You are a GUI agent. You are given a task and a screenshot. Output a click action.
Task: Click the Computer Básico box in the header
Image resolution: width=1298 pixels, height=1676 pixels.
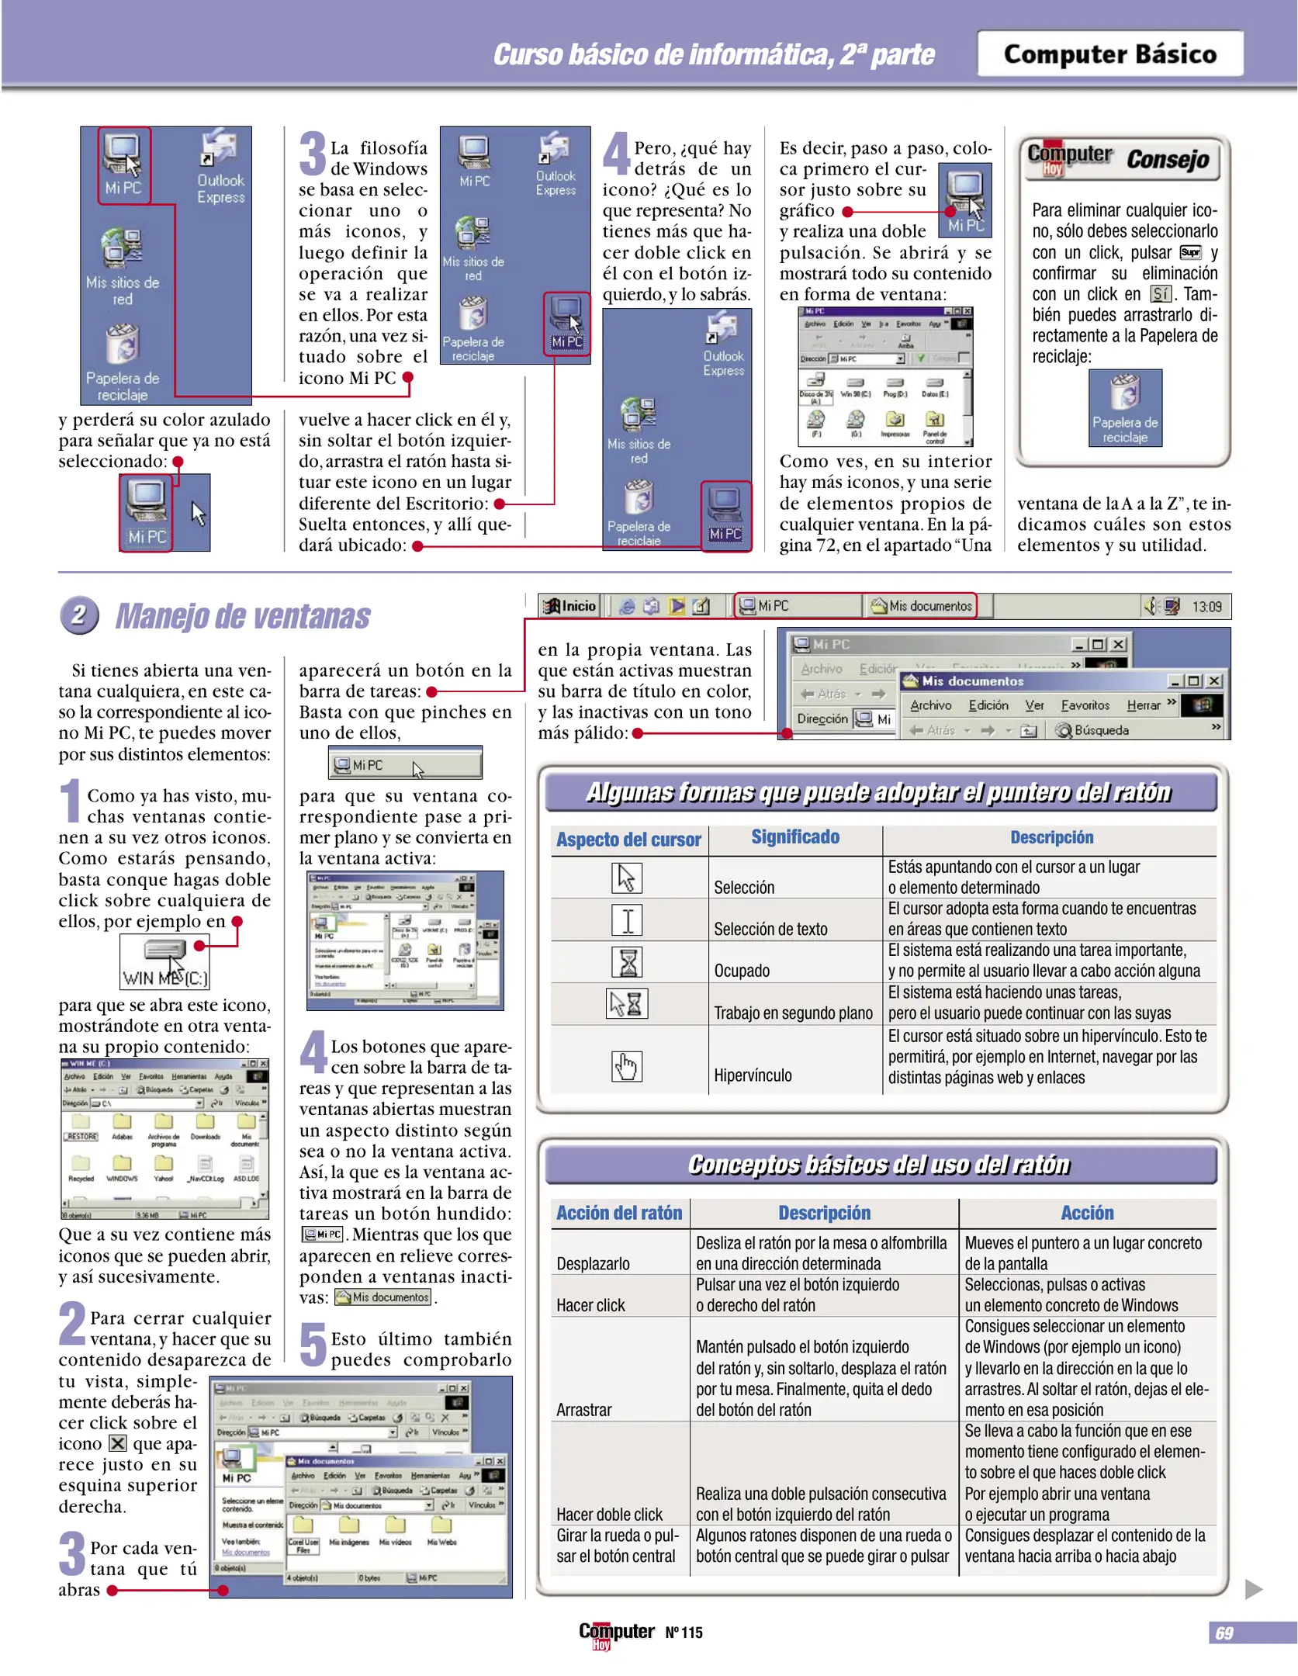pos(1109,54)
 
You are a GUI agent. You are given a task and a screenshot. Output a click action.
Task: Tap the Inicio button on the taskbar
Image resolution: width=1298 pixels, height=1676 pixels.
pos(570,606)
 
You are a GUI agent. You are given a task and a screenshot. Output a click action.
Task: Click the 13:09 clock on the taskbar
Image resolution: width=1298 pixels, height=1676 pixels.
pos(1206,607)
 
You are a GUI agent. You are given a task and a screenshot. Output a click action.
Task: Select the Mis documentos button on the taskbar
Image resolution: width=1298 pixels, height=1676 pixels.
pos(921,606)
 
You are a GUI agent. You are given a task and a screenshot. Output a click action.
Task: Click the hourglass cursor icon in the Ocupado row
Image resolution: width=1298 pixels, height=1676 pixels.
pos(628,962)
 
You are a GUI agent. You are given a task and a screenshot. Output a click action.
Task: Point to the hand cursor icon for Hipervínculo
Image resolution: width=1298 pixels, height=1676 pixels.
pos(626,1066)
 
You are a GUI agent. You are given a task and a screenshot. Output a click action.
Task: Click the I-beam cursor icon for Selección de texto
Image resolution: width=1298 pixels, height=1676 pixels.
pos(627,920)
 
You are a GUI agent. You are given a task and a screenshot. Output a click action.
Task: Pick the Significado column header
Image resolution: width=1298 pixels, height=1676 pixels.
pos(794,837)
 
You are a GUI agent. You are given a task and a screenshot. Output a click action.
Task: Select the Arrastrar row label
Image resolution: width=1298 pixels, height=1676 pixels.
pos(584,1410)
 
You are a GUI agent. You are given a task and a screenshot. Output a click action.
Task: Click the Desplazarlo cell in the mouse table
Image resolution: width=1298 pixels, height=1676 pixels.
pos(593,1263)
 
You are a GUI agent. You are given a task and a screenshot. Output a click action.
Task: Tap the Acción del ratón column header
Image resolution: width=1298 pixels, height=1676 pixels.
pos(618,1213)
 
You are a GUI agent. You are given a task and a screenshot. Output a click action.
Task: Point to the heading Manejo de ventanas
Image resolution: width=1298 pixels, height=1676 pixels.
pos(243,616)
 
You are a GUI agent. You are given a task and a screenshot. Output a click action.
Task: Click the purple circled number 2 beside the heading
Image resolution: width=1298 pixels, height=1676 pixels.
pos(79,615)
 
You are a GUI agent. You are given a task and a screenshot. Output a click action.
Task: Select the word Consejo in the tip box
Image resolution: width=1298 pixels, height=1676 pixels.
pos(1167,159)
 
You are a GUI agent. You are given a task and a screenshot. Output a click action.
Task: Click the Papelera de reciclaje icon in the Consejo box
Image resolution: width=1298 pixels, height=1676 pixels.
pos(1125,407)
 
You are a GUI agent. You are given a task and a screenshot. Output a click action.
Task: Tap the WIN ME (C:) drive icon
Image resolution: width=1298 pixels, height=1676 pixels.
pos(164,962)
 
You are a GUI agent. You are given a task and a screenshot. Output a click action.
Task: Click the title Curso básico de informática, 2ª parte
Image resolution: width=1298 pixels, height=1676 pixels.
pos(714,54)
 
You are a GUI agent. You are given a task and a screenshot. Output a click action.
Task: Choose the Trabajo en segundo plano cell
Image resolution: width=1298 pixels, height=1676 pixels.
pos(793,1013)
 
